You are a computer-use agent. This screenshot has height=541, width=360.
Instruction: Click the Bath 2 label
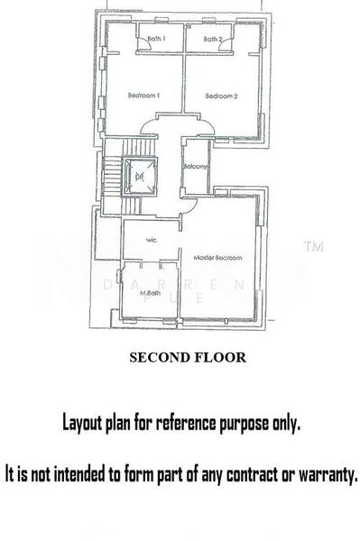212,40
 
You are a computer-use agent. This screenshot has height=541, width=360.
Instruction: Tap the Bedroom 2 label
221,96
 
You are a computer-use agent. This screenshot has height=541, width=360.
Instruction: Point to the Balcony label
196,167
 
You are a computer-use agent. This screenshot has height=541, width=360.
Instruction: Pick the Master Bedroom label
218,259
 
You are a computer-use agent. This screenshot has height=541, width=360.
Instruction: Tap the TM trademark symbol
314,245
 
